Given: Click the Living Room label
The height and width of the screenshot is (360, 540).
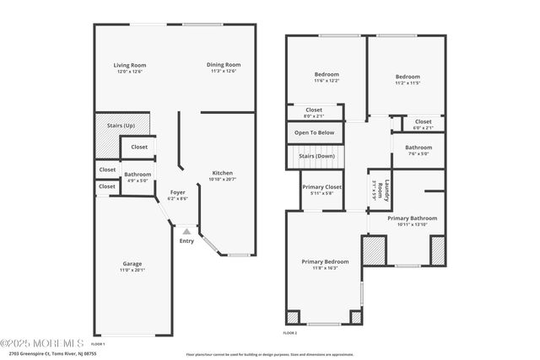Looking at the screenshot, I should (131, 65).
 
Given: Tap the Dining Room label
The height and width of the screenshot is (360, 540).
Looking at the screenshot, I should (224, 65).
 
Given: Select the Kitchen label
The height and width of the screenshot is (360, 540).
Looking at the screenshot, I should (223, 174).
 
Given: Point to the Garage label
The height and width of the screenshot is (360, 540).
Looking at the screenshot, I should (132, 264).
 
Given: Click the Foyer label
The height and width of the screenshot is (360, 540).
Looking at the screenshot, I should (177, 192).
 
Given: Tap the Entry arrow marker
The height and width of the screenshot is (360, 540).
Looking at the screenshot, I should (186, 232).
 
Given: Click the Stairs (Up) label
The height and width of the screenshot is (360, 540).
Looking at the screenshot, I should (121, 125).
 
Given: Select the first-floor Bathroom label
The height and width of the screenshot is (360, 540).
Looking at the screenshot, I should (138, 174).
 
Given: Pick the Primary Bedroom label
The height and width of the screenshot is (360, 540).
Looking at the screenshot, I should (325, 261).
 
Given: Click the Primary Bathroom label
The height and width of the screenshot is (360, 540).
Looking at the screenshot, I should (413, 218).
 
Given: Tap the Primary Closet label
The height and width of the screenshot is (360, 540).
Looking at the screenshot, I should (321, 187).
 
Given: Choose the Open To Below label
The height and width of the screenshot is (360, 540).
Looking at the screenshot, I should (314, 132).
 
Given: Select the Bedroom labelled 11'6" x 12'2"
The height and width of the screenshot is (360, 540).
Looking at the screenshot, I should (327, 74).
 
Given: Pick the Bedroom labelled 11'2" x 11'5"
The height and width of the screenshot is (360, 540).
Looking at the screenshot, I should (408, 74).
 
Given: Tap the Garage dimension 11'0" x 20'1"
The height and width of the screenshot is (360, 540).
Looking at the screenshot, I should (132, 271).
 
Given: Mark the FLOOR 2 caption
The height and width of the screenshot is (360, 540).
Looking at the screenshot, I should (291, 333).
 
